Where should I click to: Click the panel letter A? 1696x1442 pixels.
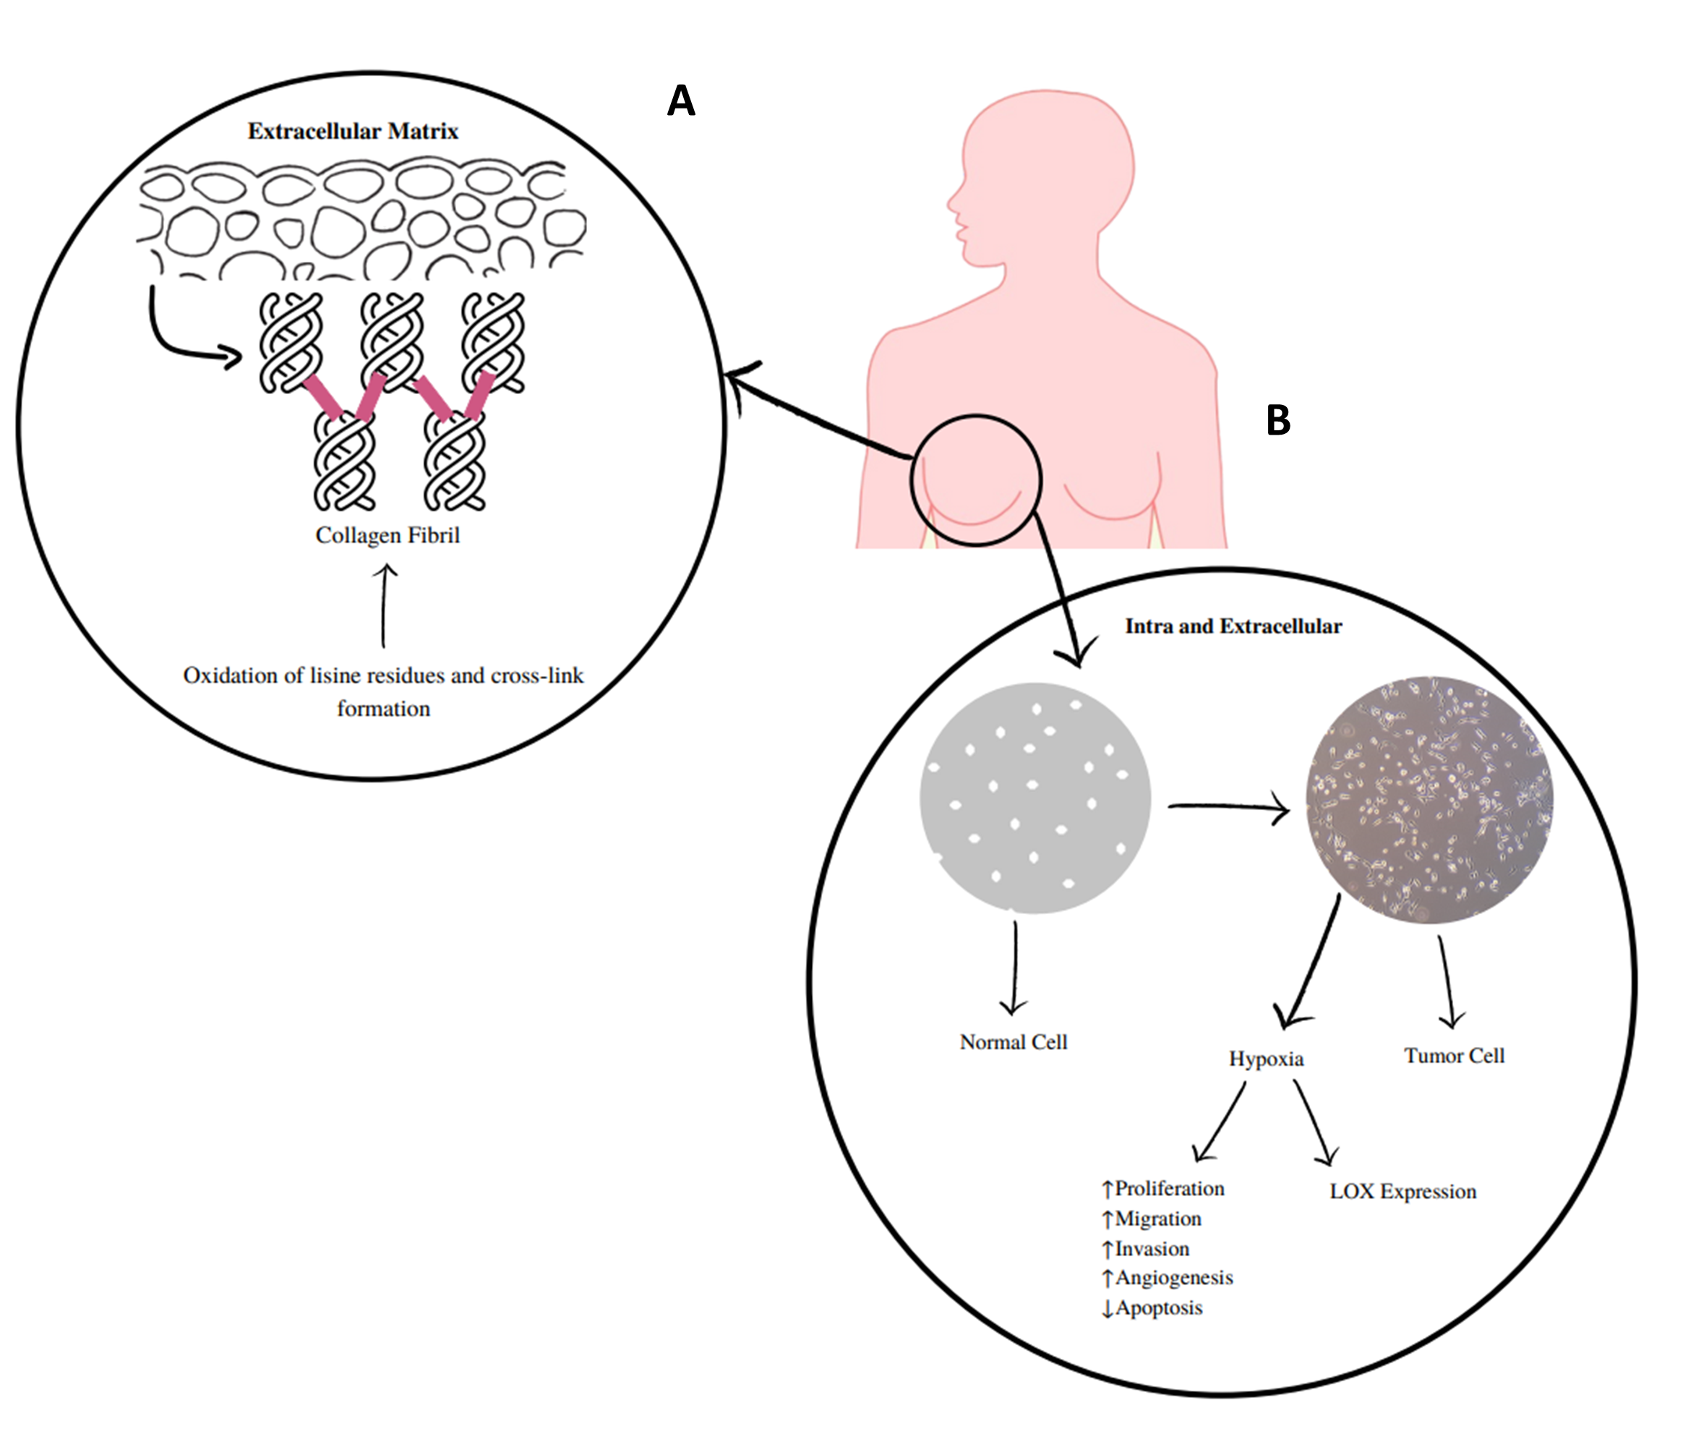681,101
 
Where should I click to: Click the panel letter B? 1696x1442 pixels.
1277,420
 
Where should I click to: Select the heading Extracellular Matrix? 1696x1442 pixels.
353,132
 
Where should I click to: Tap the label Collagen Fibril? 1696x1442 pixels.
387,535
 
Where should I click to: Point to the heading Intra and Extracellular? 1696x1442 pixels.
1233,626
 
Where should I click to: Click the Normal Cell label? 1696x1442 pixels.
1013,1042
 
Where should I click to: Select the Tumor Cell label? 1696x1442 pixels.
1454,1055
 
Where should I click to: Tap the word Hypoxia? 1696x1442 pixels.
1266,1059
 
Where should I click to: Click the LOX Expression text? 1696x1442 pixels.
1402,1191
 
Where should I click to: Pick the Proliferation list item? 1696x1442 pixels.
1169,1189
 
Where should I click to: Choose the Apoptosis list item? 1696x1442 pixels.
1158,1308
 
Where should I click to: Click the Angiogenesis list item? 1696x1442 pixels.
1173,1278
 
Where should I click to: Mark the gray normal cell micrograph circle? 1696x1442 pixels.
1035,798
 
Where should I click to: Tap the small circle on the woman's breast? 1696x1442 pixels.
976,480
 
